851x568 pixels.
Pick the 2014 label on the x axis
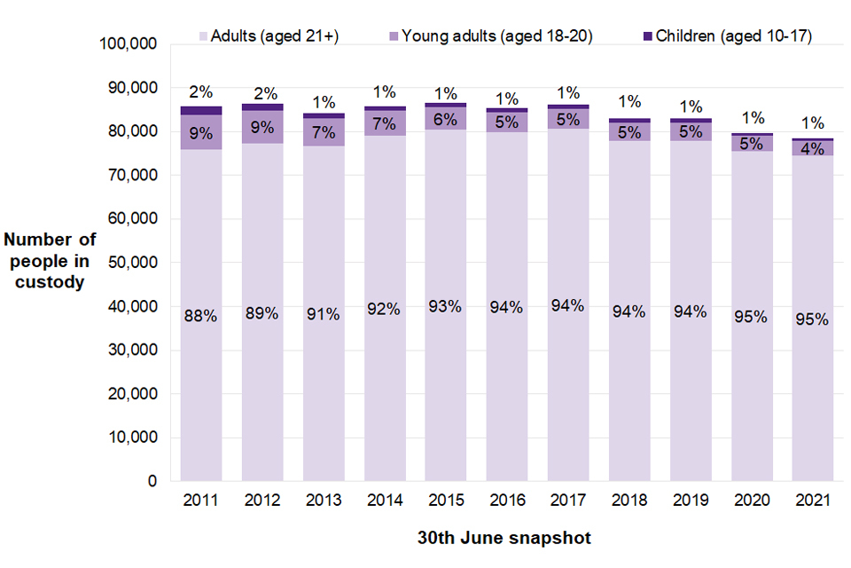click(385, 501)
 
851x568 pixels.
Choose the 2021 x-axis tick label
click(813, 501)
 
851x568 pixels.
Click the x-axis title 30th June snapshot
click(504, 538)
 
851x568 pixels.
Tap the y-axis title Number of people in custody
click(50, 261)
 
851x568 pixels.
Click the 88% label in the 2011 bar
click(200, 316)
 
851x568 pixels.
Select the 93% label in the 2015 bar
click(445, 306)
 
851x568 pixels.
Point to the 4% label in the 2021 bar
click(813, 149)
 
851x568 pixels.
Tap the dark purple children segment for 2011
click(200, 111)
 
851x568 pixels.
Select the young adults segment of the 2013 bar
click(324, 132)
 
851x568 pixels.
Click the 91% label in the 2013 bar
click(324, 313)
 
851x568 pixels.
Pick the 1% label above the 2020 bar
click(752, 117)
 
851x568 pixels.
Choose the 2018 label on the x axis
click(629, 501)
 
